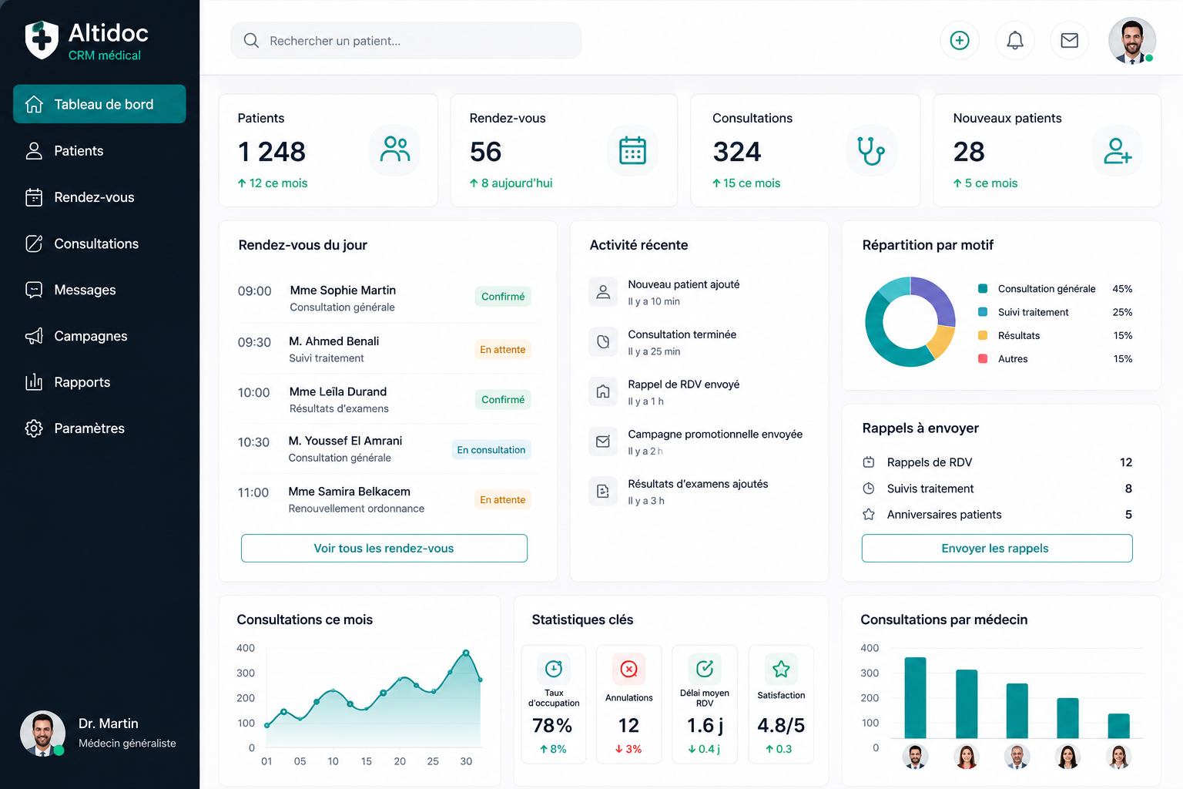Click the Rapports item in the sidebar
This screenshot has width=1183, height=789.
[x=82, y=382]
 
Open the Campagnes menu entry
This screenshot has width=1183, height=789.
[x=90, y=336]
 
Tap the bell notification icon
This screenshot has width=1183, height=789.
[x=1014, y=41]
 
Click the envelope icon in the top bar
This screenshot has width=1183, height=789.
[x=1070, y=41]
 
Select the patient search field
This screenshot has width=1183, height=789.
[x=406, y=41]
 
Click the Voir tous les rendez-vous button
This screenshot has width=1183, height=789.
[x=384, y=548]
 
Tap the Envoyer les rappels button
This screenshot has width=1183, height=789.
[x=997, y=548]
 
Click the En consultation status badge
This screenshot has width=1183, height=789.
[x=491, y=450]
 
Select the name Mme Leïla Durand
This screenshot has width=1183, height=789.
[x=338, y=391]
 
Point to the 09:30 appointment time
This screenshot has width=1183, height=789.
[x=254, y=342]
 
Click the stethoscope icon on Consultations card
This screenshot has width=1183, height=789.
[x=871, y=151]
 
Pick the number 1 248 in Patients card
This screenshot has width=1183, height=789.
[x=271, y=152]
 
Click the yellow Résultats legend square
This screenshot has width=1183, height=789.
[x=982, y=335]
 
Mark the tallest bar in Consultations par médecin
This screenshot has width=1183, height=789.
[x=915, y=697]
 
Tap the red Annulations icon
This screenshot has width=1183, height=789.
[x=628, y=670]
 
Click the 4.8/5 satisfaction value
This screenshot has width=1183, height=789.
[x=780, y=726]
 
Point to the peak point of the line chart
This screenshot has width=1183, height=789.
[x=466, y=653]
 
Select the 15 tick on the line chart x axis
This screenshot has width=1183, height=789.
[x=367, y=761]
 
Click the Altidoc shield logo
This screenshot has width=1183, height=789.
[x=42, y=39]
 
